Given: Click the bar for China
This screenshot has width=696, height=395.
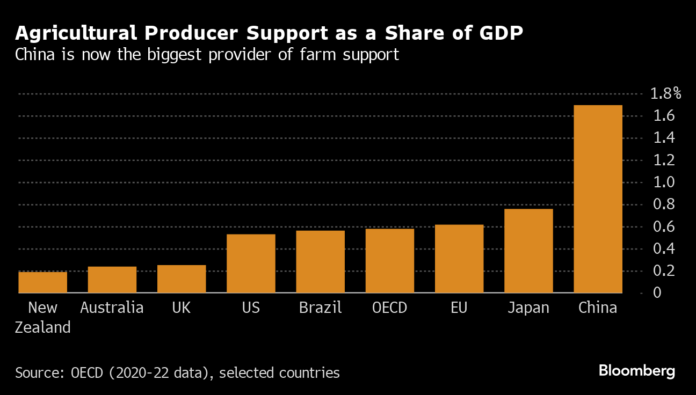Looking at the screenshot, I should (598, 199).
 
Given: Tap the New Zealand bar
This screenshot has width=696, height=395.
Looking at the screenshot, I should (42, 282).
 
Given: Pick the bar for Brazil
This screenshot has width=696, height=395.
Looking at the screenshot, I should (320, 261).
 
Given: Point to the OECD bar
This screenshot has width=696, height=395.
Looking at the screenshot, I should (389, 261).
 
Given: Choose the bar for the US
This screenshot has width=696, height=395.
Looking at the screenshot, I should (251, 263).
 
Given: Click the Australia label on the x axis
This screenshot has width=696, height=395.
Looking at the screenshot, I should (112, 308).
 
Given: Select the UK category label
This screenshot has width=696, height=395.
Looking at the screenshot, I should (182, 308).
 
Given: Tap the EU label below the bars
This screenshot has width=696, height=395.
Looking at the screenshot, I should (459, 308).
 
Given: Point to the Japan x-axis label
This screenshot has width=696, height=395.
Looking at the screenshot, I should (528, 308).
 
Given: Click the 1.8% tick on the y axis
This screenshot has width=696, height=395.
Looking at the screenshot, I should (665, 94).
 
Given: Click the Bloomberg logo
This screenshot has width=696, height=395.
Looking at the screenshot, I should (636, 371).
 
